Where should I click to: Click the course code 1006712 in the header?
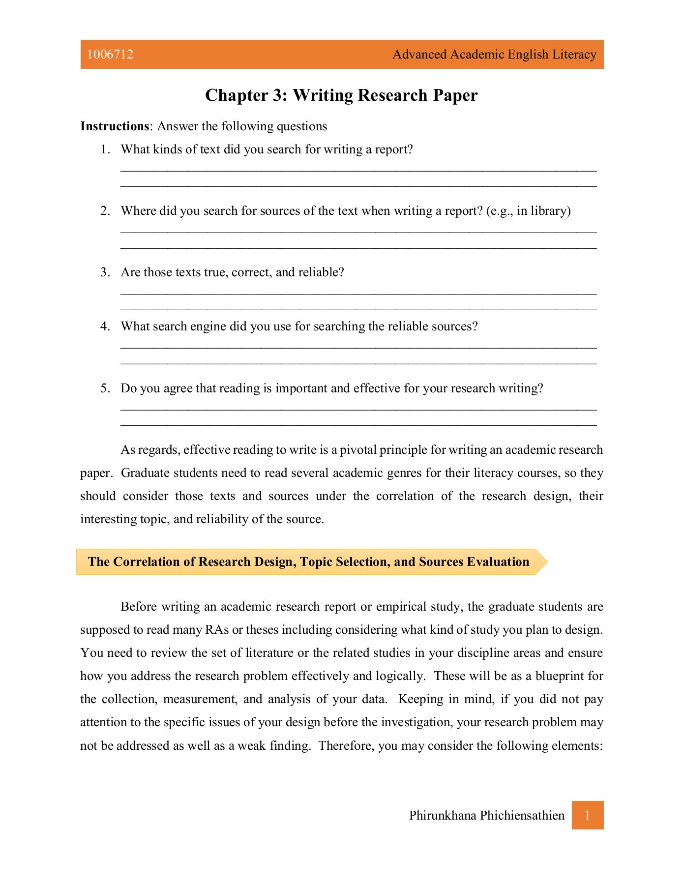pos(110,55)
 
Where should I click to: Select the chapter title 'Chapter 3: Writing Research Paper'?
pos(341,95)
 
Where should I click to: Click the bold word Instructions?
pos(115,126)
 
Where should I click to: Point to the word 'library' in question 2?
pos(548,211)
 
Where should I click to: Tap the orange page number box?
pos(587,816)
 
